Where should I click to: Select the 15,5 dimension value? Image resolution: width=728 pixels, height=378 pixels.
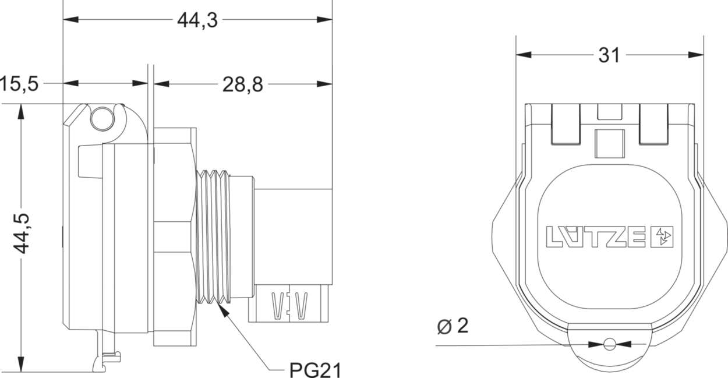(x=19, y=84)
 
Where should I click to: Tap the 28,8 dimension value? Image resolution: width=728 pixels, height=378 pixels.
(x=242, y=84)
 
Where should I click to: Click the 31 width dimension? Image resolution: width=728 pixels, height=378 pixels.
(x=609, y=55)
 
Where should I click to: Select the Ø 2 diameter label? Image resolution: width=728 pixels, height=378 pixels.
(x=452, y=327)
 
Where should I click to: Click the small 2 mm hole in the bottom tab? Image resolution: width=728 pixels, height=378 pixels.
(x=609, y=344)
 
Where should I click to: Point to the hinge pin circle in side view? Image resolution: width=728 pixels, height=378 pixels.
(x=102, y=119)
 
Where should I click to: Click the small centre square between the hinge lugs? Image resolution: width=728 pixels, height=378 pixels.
(x=609, y=143)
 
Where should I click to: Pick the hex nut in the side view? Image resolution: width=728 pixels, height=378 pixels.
(x=174, y=236)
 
